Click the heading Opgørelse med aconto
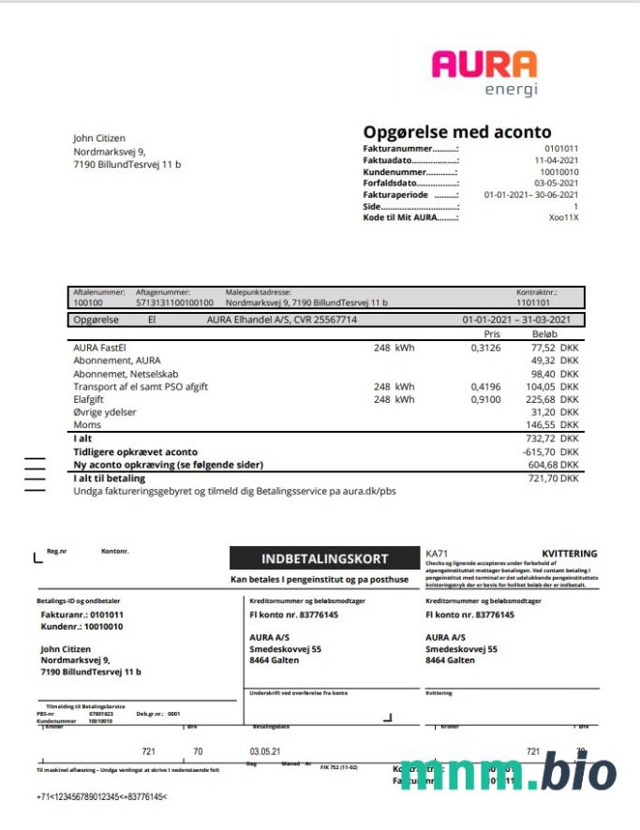pyautogui.click(x=457, y=132)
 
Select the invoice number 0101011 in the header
pyautogui.click(x=561, y=148)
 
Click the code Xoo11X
pyautogui.click(x=563, y=217)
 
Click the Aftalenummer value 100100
pyautogui.click(x=88, y=303)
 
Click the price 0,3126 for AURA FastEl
pyautogui.click(x=485, y=348)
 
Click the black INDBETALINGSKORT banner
pyautogui.click(x=323, y=559)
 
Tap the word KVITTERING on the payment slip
pyautogui.click(x=569, y=554)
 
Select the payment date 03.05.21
pyautogui.click(x=265, y=751)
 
